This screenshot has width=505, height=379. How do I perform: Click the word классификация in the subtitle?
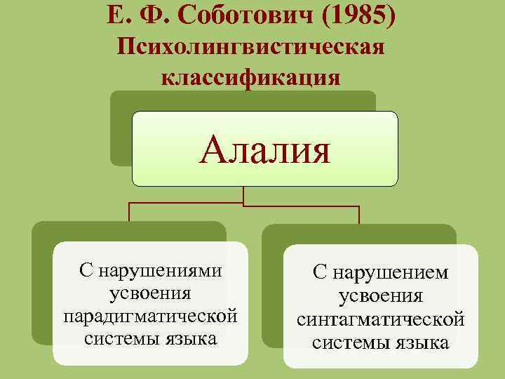click(x=251, y=77)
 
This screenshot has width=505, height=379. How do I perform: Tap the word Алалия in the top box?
click(x=264, y=149)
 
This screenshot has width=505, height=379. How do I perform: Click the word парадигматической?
click(x=150, y=316)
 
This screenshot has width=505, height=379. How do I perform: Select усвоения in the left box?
click(x=150, y=293)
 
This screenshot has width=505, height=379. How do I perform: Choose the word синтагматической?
click(x=380, y=320)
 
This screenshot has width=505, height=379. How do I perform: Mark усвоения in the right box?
click(x=380, y=297)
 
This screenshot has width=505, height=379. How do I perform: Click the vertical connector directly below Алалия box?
click(x=243, y=195)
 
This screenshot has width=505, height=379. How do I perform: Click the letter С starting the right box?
click(x=320, y=274)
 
